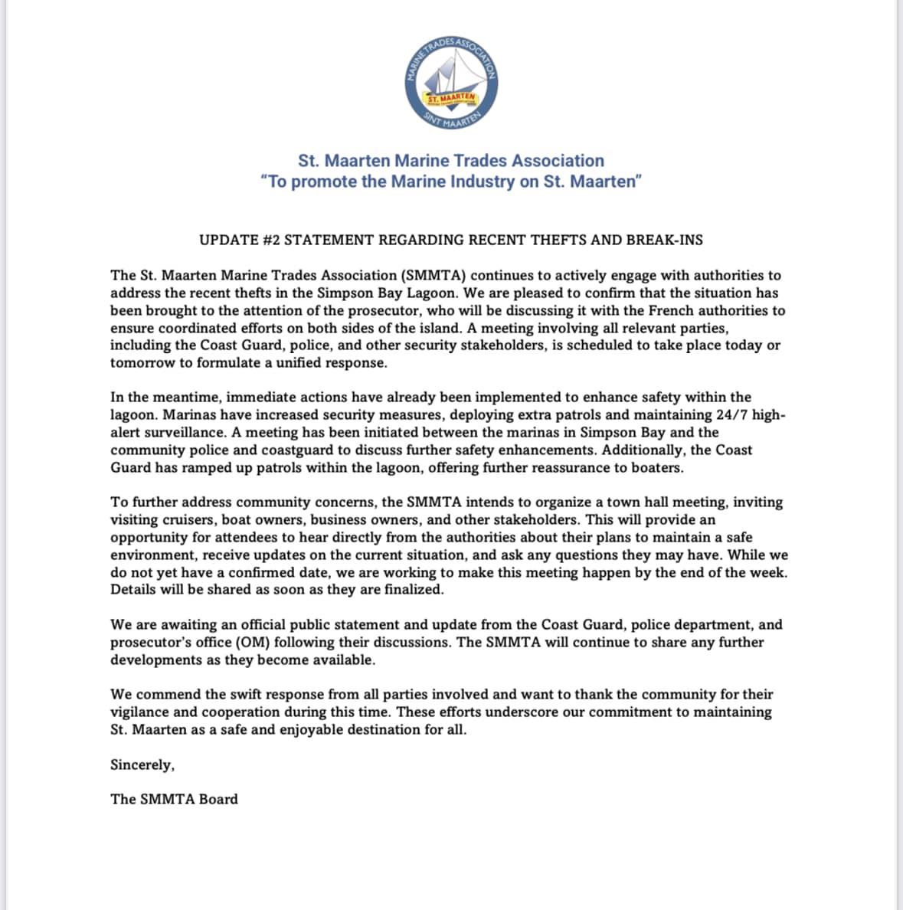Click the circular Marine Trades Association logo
click(452, 81)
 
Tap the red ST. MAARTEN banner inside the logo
click(452, 99)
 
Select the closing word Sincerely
click(142, 764)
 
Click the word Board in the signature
click(218, 799)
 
